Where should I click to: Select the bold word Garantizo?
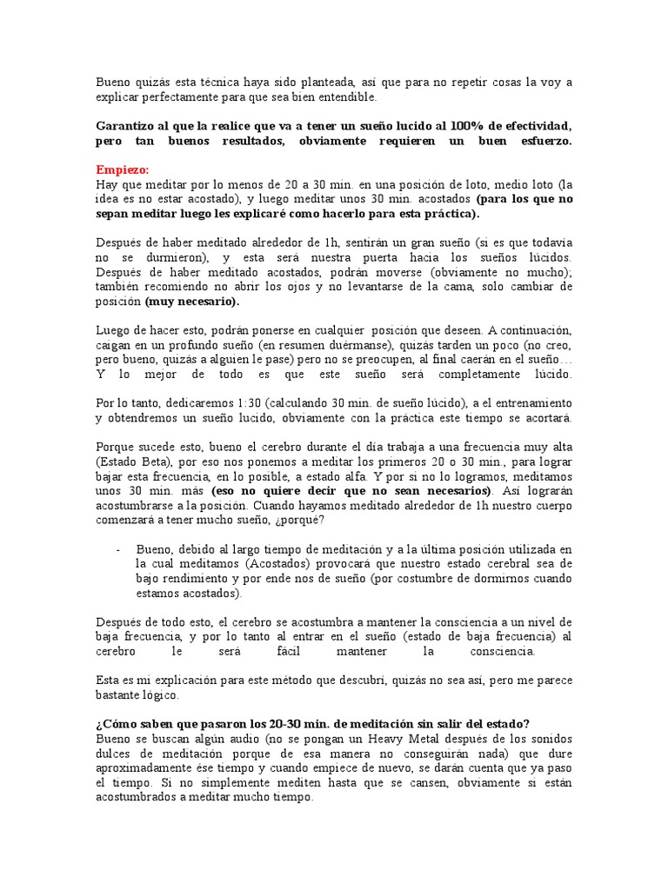pyautogui.click(x=125, y=126)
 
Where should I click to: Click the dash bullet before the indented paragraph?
pyautogui.click(x=117, y=549)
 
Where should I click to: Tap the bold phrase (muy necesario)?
pyautogui.click(x=191, y=302)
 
